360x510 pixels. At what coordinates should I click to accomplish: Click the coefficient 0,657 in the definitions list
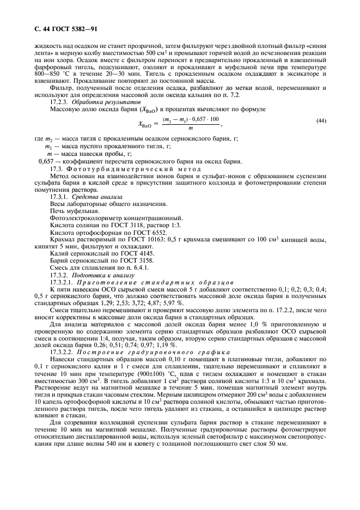[x=48, y=161]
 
